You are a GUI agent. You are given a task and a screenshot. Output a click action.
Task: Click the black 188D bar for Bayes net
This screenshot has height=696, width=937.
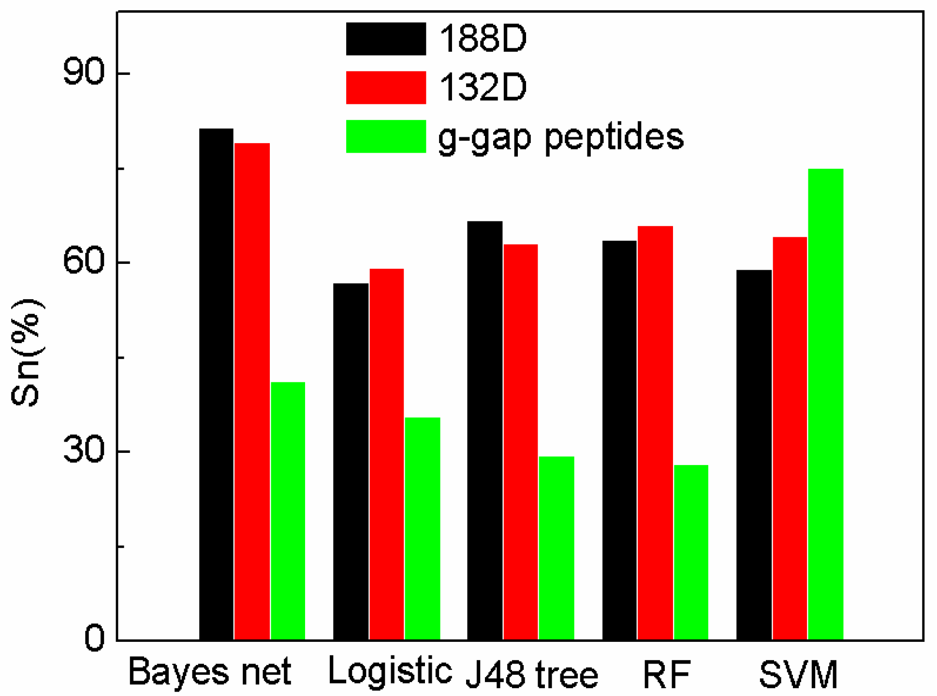216,384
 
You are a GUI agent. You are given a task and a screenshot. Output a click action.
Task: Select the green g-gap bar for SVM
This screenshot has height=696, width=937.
825,404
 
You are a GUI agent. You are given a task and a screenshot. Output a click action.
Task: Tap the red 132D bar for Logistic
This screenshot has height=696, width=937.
386,454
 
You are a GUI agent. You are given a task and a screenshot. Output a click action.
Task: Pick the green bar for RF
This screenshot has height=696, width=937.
691,552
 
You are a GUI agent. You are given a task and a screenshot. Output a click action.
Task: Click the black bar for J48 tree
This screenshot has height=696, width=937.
485,430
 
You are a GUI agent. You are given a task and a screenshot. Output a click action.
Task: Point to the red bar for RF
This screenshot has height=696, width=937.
655,433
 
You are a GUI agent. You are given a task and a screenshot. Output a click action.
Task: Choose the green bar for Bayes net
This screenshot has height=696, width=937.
288,511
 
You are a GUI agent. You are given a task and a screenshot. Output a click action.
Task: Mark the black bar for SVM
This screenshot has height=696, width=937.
754,454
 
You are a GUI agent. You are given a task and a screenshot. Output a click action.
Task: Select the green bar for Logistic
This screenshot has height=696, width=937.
422,528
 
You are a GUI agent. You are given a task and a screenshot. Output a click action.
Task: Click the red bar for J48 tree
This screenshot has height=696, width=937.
521,442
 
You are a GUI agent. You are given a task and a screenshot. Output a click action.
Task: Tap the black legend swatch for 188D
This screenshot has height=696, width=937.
386,39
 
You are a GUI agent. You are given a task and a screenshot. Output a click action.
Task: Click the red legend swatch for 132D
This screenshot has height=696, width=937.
386,87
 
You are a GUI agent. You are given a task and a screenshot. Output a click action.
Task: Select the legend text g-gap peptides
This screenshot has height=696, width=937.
561,137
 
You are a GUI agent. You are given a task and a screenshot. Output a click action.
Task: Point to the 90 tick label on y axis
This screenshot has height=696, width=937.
84,73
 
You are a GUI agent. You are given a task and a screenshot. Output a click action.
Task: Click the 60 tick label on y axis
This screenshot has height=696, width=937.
84,262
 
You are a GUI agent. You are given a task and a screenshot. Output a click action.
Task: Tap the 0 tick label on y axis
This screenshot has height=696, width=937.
94,639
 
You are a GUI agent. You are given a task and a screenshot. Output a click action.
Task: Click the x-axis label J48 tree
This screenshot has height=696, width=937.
532,674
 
